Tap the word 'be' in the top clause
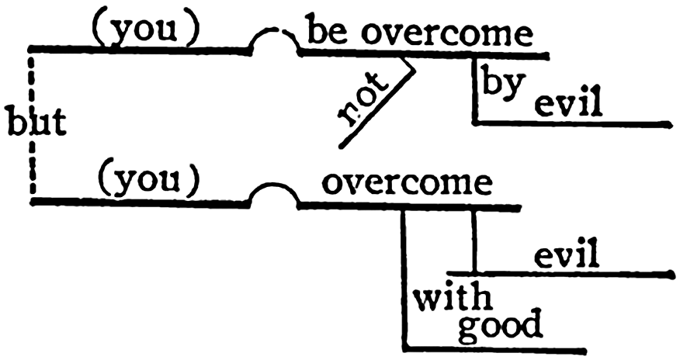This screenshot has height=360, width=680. [x=325, y=32]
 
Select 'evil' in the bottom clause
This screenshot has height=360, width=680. [x=567, y=254]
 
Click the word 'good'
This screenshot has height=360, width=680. [x=499, y=326]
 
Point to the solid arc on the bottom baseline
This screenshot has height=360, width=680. [x=273, y=190]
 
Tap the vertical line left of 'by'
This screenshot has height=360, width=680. [x=474, y=89]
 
